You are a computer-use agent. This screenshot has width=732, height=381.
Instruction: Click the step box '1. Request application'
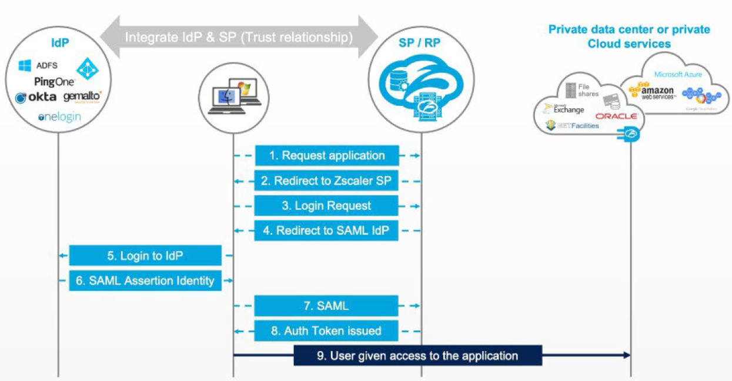click(x=327, y=156)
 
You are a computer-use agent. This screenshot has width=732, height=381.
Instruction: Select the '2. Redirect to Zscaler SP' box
click(x=327, y=181)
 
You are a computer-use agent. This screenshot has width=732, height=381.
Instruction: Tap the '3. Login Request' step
click(x=327, y=206)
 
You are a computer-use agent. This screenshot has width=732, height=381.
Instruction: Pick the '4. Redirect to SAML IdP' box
click(x=327, y=230)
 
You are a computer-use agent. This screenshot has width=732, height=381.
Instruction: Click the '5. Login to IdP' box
click(x=145, y=256)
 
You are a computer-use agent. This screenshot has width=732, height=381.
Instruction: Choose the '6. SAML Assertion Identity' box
click(x=145, y=280)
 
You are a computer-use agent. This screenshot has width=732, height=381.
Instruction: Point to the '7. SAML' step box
click(x=327, y=306)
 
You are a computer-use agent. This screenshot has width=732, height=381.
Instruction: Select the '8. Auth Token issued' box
click(x=327, y=330)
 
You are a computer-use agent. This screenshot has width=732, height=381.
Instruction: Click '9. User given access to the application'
click(x=417, y=356)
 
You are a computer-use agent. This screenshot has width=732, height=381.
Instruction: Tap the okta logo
click(x=36, y=97)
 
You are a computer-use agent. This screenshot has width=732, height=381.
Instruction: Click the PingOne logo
click(x=54, y=82)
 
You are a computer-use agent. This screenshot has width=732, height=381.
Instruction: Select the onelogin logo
click(x=59, y=117)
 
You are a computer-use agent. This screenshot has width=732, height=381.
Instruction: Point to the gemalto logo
click(x=82, y=96)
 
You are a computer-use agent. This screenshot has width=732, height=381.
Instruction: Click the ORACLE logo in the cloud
click(x=616, y=116)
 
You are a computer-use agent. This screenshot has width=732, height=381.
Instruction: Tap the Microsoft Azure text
click(x=678, y=75)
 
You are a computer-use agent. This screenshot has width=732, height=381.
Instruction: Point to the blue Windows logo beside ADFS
click(x=25, y=65)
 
